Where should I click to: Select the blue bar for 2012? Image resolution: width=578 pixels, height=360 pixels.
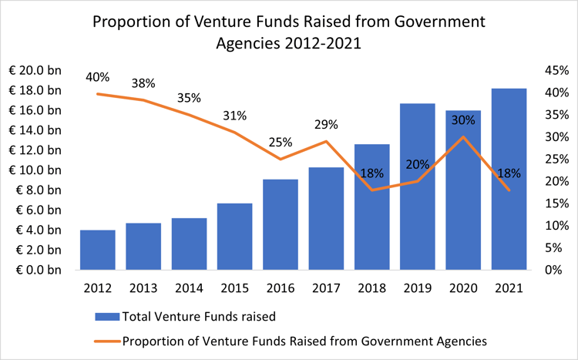(x=97, y=250)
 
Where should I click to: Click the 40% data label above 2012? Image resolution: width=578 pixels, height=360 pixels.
(x=98, y=77)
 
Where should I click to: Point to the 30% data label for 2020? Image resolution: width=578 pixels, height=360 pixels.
(x=462, y=120)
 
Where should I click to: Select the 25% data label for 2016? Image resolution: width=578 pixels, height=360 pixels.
(x=281, y=142)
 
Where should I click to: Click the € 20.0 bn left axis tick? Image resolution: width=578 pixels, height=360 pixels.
(x=38, y=70)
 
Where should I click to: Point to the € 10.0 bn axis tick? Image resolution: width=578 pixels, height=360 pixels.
(x=38, y=170)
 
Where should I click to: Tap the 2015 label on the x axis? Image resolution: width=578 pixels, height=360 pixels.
(x=234, y=288)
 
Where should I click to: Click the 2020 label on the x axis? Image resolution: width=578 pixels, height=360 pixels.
(x=463, y=288)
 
